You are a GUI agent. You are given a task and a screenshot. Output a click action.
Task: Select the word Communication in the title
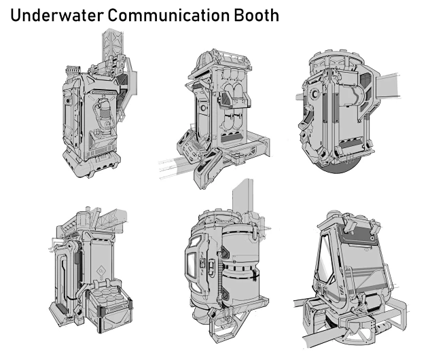click(168, 16)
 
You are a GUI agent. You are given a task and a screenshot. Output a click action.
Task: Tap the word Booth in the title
click(256, 16)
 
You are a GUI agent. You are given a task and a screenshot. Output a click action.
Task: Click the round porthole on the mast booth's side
click(67, 101)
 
